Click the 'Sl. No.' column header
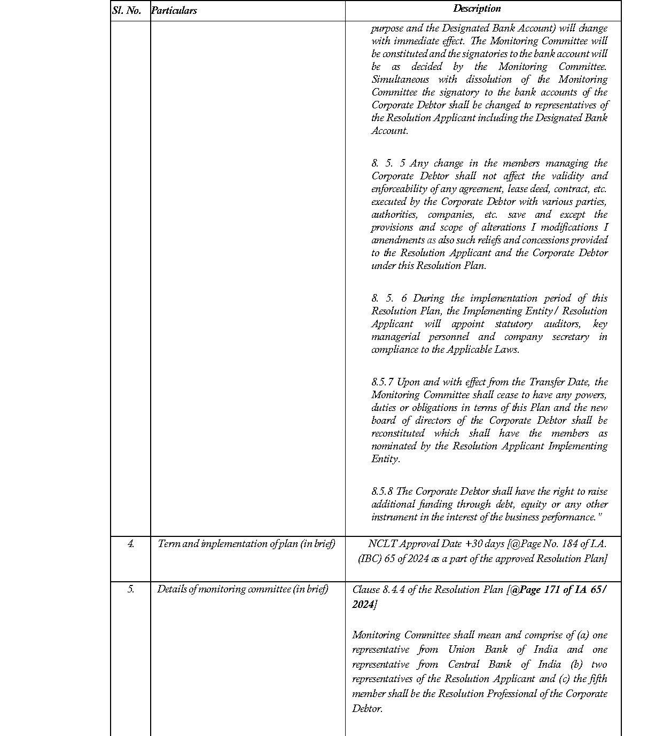tap(127, 10)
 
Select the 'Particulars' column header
tap(174, 10)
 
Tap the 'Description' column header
tap(477, 9)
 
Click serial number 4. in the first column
tap(131, 544)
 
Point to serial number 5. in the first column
tap(131, 589)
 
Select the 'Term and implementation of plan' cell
tap(246, 544)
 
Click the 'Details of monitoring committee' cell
tap(243, 589)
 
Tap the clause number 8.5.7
tap(383, 382)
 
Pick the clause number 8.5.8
tap(383, 492)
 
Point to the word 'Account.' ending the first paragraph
tap(389, 131)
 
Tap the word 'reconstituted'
tap(398, 433)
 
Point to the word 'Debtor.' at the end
tap(367, 709)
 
